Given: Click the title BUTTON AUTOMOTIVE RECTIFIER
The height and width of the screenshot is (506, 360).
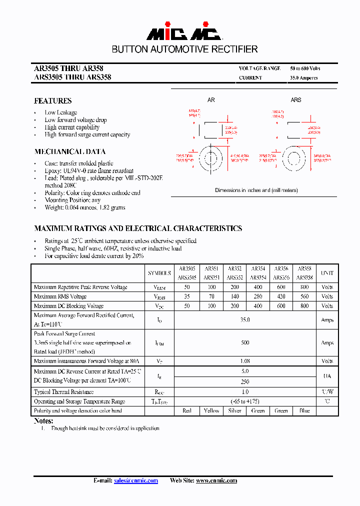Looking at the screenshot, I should [184, 49].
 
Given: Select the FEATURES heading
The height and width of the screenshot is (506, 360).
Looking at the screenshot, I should [52, 100].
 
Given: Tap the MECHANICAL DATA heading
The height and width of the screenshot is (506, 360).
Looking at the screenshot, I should [69, 151].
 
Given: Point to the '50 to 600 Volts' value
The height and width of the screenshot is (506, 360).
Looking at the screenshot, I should [305, 68].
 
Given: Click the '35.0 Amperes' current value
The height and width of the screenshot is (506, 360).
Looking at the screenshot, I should [303, 78].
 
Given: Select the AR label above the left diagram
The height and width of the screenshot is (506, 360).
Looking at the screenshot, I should [211, 100].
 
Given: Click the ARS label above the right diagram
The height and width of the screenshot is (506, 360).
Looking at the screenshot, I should [296, 100].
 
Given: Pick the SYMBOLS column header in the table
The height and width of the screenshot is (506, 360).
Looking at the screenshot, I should [159, 273].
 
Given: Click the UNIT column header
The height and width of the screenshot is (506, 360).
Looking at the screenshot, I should [327, 273].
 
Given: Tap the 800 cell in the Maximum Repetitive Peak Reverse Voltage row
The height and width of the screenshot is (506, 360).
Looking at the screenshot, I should [304, 287].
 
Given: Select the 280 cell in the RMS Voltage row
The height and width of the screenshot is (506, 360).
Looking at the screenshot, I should [258, 296].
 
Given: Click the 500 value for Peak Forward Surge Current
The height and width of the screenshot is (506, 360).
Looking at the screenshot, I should [245, 343].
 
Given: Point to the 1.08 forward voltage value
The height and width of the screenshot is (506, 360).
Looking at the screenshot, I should [245, 361].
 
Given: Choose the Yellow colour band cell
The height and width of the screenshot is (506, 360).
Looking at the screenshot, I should [211, 410].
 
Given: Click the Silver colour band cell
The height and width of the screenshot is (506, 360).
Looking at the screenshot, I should [234, 410].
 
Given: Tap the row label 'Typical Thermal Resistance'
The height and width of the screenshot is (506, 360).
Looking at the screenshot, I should [63, 392].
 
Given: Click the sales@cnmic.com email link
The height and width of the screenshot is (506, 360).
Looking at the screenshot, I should [135, 480].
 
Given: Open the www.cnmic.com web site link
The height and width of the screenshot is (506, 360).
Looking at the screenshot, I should [216, 480].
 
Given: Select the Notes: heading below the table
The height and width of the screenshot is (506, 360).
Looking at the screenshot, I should [43, 421].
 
